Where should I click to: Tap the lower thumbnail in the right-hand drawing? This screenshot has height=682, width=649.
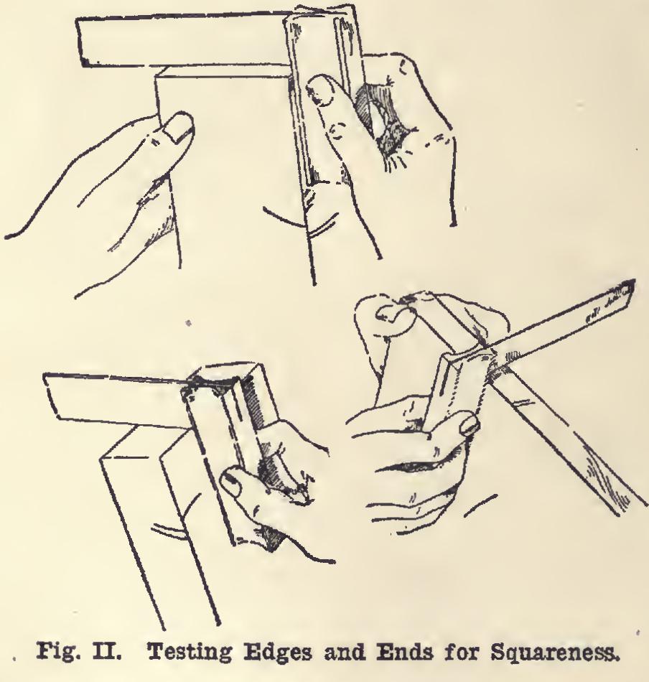point(469,425)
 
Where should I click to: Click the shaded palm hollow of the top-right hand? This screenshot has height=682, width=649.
point(378,118)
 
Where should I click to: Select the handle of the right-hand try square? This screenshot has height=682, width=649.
point(457,387)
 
